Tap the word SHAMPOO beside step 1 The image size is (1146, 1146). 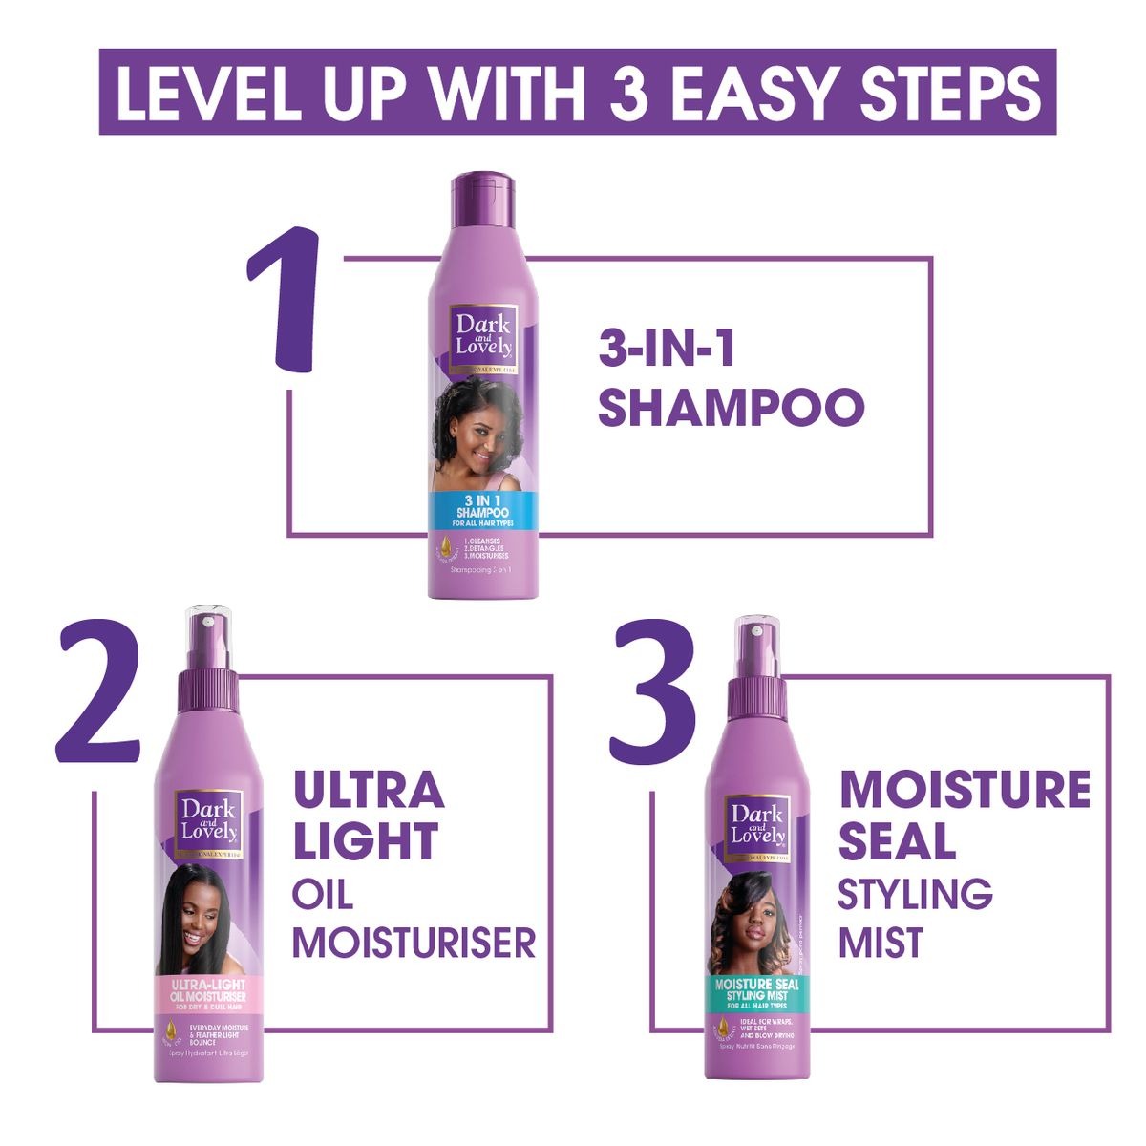click(731, 406)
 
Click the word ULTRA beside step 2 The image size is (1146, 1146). click(369, 791)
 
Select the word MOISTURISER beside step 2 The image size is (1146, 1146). click(414, 943)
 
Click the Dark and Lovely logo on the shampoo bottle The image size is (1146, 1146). click(482, 338)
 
